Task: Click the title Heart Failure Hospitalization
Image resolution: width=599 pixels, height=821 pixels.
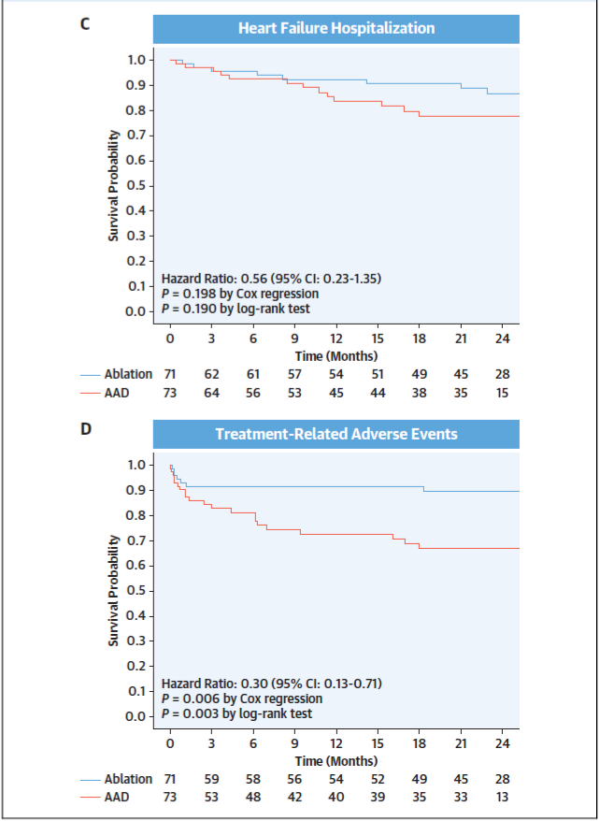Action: pyautogui.click(x=336, y=28)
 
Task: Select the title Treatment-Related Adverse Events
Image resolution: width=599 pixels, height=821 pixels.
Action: pyautogui.click(x=336, y=434)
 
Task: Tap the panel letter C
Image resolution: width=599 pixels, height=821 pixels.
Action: pyautogui.click(x=85, y=26)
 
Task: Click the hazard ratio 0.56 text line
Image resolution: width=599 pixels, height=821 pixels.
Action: pyautogui.click(x=272, y=278)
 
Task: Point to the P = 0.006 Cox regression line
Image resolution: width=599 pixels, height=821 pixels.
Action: pyautogui.click(x=242, y=699)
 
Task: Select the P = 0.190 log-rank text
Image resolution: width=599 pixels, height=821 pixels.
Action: pyautogui.click(x=236, y=309)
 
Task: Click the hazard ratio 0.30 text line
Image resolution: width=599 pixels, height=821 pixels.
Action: pyautogui.click(x=272, y=683)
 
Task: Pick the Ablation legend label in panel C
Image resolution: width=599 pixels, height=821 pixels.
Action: pyautogui.click(x=129, y=374)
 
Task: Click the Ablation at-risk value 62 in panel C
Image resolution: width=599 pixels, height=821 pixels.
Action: pyautogui.click(x=212, y=374)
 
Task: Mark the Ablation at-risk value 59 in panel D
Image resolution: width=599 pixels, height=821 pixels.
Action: pyautogui.click(x=212, y=779)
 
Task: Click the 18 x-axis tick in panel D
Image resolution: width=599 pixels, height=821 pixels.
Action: pyautogui.click(x=420, y=743)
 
